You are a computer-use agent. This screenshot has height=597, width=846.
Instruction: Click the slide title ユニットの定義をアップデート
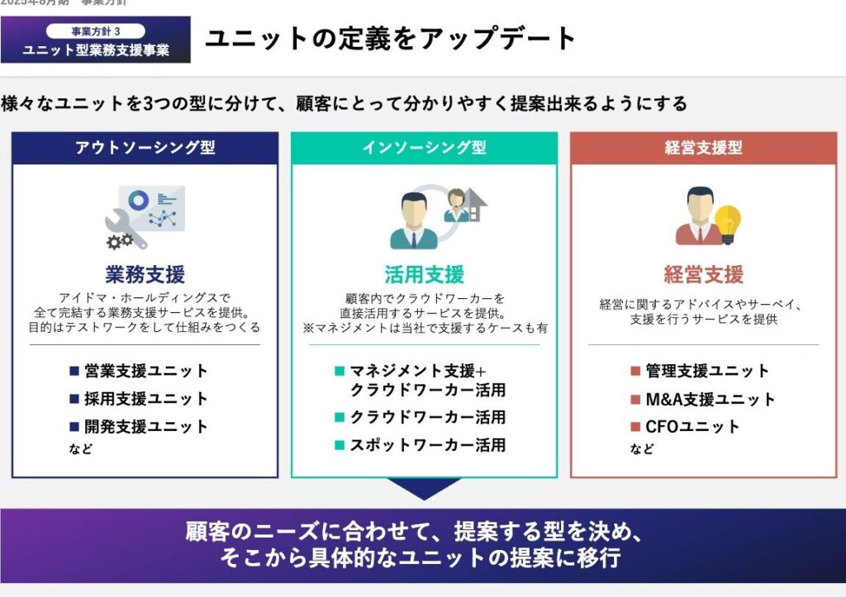click(390, 39)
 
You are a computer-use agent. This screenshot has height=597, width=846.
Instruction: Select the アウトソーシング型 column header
click(145, 148)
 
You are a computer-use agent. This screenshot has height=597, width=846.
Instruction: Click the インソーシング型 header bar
click(424, 148)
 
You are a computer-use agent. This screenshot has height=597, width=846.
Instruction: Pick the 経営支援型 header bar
click(703, 148)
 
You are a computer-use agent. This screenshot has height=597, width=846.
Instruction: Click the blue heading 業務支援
click(145, 273)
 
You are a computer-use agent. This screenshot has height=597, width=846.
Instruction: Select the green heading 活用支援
click(424, 273)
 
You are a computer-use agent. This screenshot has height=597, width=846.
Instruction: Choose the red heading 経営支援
click(703, 273)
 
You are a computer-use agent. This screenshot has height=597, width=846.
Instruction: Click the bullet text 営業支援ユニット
click(146, 372)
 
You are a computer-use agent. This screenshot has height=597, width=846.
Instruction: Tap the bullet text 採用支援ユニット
click(146, 399)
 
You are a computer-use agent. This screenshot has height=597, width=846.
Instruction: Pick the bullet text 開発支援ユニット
click(146, 427)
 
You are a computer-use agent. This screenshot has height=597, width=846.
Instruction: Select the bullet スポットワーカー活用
click(427, 445)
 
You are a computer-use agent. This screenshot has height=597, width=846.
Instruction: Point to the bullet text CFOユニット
click(692, 427)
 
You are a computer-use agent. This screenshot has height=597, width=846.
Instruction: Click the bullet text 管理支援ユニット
click(707, 372)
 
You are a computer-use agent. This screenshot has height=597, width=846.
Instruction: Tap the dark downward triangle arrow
click(424, 488)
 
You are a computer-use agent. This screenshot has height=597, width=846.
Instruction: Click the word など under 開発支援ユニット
click(80, 449)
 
